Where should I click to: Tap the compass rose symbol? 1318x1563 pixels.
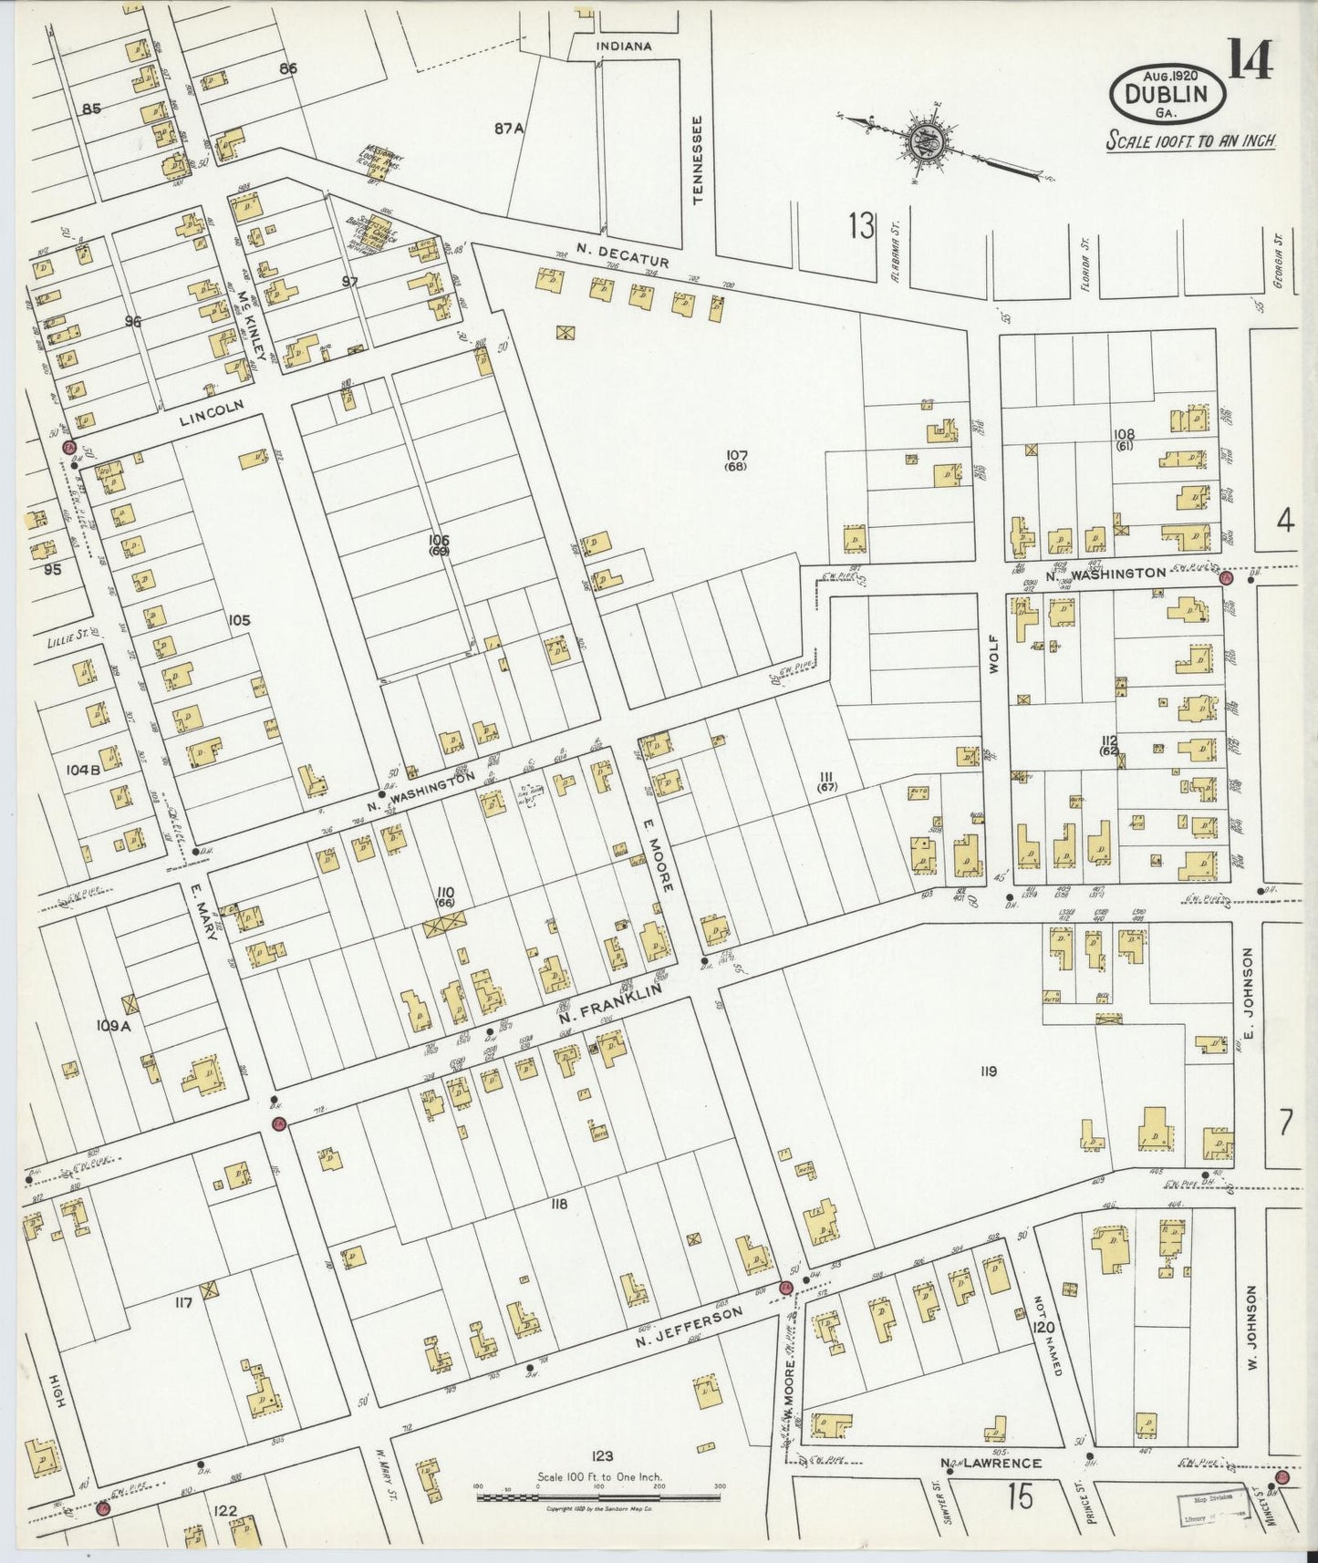point(929,144)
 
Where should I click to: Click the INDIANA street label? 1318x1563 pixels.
point(624,46)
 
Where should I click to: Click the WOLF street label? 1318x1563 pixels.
point(995,654)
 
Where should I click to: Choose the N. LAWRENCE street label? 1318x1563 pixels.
point(991,1464)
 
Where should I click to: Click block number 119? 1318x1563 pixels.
point(988,1071)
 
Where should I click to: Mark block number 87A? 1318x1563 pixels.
point(509,129)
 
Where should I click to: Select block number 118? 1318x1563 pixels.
point(559,1205)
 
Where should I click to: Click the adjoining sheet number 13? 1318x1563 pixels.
point(860,224)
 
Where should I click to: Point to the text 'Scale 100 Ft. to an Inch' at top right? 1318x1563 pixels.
point(1189,140)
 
